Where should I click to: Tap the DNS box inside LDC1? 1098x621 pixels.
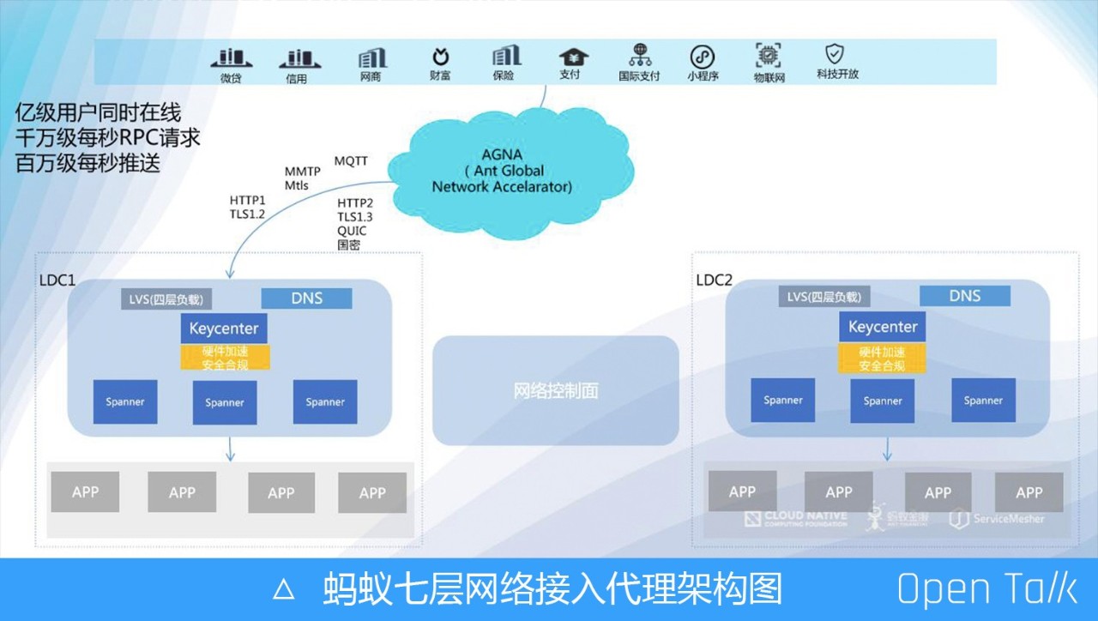tap(306, 298)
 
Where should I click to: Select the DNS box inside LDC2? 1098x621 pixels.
tap(965, 296)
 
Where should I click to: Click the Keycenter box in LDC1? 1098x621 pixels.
tap(225, 329)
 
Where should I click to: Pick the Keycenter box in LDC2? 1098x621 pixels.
tap(883, 327)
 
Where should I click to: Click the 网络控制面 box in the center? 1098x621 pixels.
tap(556, 390)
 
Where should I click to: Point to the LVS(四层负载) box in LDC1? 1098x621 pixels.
tap(166, 299)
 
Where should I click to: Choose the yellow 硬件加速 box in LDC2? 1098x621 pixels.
tap(883, 359)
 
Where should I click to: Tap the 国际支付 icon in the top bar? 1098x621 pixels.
tap(640, 56)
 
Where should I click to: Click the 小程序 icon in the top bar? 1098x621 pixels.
tap(703, 57)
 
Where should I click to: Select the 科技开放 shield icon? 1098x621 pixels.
tap(835, 54)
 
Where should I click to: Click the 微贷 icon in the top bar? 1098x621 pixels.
tap(231, 58)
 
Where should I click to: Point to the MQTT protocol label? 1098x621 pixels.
tap(352, 161)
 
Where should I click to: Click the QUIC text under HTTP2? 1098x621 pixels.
tap(352, 232)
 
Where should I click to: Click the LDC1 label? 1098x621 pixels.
tap(58, 280)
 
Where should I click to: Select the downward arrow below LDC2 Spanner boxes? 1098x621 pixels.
tap(887, 449)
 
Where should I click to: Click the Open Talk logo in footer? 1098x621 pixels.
tap(986, 589)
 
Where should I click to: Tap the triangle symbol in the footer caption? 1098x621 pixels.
tap(283, 589)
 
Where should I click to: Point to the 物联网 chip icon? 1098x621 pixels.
tap(769, 56)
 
